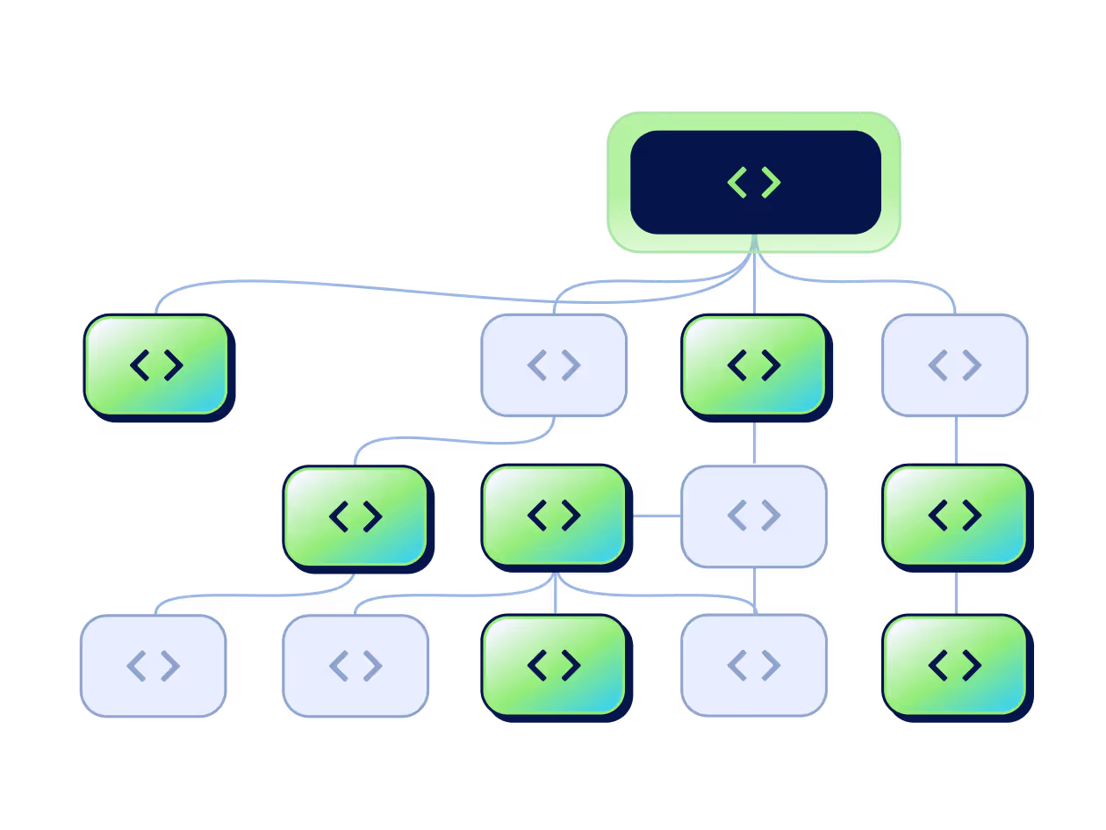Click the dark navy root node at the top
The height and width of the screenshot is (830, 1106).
point(667,183)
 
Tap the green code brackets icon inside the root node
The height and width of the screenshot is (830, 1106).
point(754,183)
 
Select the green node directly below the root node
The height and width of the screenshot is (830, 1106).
point(754,364)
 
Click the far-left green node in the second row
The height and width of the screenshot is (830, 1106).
point(156,364)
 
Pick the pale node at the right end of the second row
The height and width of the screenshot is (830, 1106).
point(955,364)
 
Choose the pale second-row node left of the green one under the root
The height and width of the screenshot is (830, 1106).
point(554,364)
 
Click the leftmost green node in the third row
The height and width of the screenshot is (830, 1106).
point(355,516)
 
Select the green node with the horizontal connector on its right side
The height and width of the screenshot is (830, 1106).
point(554,515)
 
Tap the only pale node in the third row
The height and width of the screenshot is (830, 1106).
point(754,516)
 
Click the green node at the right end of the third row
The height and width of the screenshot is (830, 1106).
point(955,515)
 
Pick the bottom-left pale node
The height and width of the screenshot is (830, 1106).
point(154,666)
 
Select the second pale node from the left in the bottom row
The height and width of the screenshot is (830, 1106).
point(355,666)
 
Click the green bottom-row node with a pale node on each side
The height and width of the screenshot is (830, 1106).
point(554,665)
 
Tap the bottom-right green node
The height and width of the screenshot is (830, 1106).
point(955,665)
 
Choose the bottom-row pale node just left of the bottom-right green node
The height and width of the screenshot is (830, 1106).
point(754,665)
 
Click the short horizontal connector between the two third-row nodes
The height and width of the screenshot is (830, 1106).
point(655,516)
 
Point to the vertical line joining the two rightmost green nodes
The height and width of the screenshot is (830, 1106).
point(955,592)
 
